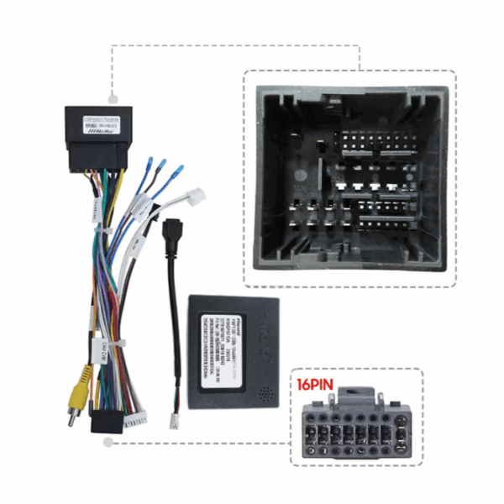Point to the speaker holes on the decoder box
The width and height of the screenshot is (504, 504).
266,391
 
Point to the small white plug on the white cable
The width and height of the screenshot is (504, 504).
195,195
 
